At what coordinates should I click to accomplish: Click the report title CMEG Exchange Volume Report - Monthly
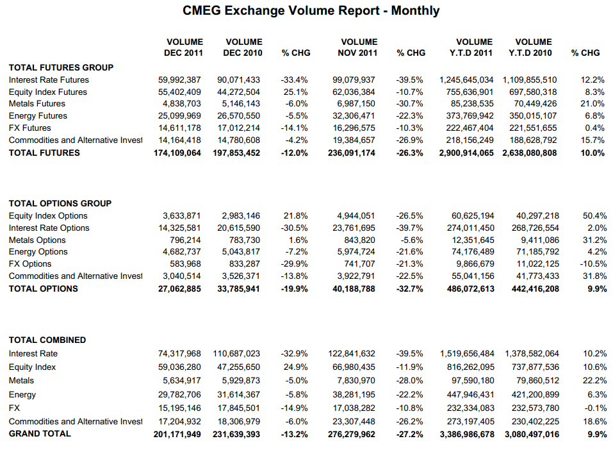coord(311,10)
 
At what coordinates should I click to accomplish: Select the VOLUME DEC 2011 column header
coord(184,47)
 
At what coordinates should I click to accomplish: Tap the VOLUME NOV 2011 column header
coord(357,47)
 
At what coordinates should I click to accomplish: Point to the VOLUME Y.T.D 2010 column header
coord(530,47)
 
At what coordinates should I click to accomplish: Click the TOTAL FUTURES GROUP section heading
coord(61,68)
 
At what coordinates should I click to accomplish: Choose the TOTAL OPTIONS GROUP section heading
coord(60,203)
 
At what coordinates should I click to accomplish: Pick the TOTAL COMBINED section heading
coord(47,340)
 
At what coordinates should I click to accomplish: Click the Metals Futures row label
coord(37,104)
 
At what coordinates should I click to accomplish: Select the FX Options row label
coord(30,264)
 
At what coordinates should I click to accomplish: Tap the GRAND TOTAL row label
coord(40,434)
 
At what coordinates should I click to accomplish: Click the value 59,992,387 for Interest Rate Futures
coord(179,80)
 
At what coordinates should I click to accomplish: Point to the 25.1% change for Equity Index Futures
coord(295,92)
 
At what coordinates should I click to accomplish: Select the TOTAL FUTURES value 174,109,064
coord(177,153)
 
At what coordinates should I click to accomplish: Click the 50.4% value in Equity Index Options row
coord(594,216)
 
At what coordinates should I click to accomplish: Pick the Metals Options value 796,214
coord(185,240)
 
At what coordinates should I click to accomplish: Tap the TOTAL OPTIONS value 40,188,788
coord(354,289)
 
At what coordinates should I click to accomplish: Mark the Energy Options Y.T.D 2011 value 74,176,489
coord(473,252)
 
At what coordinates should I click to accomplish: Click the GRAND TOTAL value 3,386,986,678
coord(467,435)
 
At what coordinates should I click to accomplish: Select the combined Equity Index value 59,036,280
coord(179,367)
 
